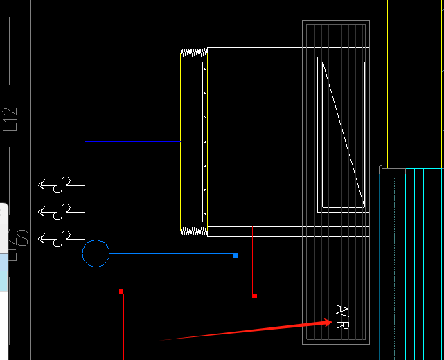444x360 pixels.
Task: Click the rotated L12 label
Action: pos(10,119)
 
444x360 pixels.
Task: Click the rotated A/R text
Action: pos(340,318)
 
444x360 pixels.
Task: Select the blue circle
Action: pos(96,253)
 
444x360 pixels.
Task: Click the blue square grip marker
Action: pos(236,256)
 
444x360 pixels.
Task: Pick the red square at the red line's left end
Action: pos(121,292)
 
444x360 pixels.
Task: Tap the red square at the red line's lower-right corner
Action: pos(255,296)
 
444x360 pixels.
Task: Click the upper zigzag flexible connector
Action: pos(194,52)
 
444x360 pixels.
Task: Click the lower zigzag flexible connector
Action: pos(194,231)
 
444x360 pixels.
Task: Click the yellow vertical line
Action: pos(180,138)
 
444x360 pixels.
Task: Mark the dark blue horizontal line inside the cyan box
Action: pos(132,141)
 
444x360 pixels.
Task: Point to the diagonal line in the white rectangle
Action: pos(344,134)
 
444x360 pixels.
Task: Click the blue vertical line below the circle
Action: pos(96,312)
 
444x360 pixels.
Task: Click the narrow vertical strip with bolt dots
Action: pos(204,138)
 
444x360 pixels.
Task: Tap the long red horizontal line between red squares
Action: pos(187,294)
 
